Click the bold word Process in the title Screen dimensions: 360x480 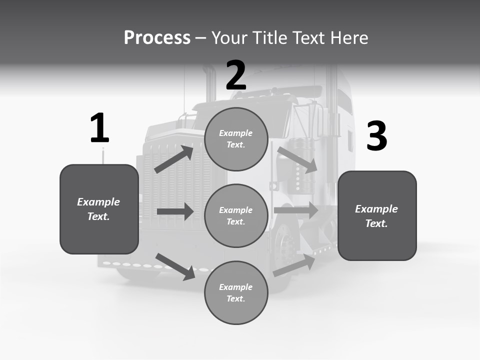coord(157,37)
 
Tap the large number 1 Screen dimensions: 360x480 coord(99,128)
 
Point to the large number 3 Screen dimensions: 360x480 coord(376,136)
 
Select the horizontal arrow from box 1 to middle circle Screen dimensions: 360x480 coord(175,211)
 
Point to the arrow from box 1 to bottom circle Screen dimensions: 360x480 coord(175,266)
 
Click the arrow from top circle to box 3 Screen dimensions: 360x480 coord(297,159)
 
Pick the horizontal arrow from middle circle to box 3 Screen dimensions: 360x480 coord(296,210)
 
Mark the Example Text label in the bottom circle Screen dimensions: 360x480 coord(236,293)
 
